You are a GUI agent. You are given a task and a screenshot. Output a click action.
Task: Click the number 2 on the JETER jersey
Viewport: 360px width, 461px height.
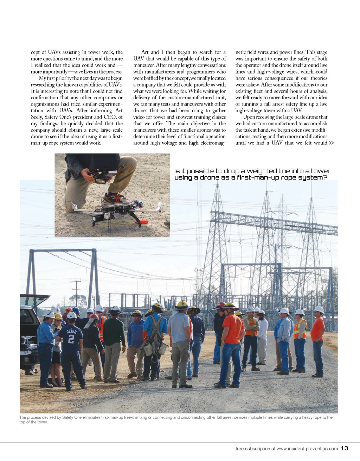pos(71,339)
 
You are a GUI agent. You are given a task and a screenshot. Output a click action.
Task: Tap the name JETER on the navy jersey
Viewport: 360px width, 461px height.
pos(71,331)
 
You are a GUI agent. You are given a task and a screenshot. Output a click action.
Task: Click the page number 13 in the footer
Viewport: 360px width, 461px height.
pos(345,448)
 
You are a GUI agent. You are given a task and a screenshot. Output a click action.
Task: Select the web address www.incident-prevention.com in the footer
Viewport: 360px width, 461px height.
pos(307,449)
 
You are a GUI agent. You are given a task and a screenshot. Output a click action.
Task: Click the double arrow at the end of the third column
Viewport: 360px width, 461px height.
pos(331,143)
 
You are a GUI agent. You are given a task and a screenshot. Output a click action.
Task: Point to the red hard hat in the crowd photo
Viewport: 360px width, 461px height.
pos(221,304)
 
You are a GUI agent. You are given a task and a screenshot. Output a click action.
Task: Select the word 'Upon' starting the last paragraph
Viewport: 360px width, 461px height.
pos(249,117)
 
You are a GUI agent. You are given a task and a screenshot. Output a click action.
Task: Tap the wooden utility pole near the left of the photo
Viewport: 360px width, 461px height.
pos(76,292)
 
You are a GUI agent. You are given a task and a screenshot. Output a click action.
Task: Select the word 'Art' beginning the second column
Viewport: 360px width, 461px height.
pos(145,52)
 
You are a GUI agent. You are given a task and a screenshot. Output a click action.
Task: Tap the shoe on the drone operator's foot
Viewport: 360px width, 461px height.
pos(114,199)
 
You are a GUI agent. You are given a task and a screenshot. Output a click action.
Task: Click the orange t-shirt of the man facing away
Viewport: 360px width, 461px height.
pos(233,329)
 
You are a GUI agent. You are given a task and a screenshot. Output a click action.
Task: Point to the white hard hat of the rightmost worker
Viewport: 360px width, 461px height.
pos(319,309)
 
